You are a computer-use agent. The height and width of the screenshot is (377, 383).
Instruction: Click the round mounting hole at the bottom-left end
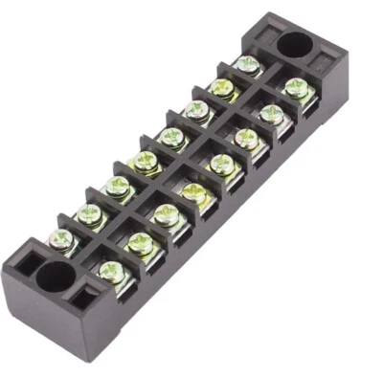click(55, 277)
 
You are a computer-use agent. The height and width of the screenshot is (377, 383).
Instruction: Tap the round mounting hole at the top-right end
click(294, 44)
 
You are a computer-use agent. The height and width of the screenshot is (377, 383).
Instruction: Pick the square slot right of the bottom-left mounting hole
click(83, 298)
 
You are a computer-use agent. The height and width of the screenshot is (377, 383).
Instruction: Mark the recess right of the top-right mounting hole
click(322, 59)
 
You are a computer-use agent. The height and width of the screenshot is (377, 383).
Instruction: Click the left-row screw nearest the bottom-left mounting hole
click(63, 236)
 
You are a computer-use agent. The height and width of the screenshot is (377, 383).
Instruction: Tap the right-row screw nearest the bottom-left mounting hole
click(114, 272)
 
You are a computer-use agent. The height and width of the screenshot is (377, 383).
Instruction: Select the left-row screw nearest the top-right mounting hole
click(246, 65)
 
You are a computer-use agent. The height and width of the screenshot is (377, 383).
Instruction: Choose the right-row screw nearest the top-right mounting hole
click(297, 88)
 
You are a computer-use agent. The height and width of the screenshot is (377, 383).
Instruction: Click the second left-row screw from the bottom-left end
click(90, 211)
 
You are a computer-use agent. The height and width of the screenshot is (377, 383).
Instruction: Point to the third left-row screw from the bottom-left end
click(118, 186)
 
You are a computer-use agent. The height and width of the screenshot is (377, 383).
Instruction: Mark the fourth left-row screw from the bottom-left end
click(146, 161)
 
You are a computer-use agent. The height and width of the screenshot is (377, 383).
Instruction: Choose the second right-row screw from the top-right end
click(273, 113)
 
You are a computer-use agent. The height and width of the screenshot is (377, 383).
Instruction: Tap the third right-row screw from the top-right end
click(247, 137)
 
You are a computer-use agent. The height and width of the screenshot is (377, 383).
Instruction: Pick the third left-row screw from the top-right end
click(197, 111)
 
